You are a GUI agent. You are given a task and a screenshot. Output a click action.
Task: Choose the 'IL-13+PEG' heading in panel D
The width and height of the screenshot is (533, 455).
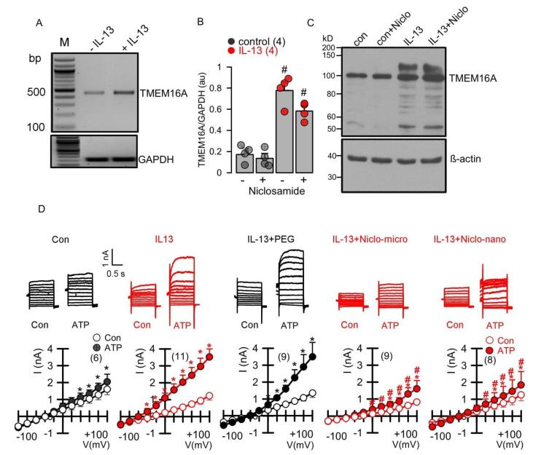[272, 237]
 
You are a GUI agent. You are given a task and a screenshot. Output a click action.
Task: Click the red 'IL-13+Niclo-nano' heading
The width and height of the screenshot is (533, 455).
[475, 237]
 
